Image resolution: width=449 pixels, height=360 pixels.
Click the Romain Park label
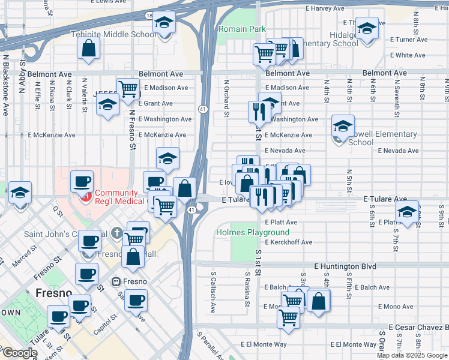coord(242,29)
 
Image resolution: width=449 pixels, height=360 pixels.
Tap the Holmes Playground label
coord(253,232)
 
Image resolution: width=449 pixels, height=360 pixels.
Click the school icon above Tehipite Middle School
coord(163,23)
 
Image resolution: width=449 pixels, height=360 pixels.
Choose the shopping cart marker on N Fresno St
coord(128,89)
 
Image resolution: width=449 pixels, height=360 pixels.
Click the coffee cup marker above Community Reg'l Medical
coord(82,181)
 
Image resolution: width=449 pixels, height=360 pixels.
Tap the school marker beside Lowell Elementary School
coord(343,126)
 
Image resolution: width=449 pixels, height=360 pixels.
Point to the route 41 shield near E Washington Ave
coord(203,109)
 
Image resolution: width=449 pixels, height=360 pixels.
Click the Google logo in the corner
coord(19,353)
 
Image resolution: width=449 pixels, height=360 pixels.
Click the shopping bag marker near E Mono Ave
coord(319,301)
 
